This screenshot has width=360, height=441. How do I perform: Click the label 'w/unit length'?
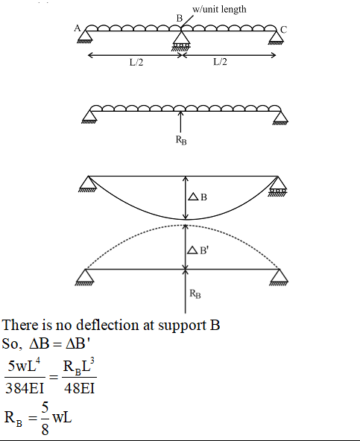pos(219,9)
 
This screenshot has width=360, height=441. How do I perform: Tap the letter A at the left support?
pos(77,28)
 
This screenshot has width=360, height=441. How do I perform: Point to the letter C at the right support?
pos(284,30)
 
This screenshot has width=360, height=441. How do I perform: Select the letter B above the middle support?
pos(180,19)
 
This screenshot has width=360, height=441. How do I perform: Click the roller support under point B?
pos(181,41)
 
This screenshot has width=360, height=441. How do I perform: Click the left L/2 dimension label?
pos(136,62)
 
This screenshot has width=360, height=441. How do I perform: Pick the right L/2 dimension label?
pos(220,62)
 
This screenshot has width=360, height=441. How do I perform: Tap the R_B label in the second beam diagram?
pos(181,140)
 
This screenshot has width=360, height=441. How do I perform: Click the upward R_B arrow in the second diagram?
pos(180,121)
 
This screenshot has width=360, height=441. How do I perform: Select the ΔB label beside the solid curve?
pos(198,197)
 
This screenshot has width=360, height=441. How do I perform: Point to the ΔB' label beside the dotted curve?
pos(198,250)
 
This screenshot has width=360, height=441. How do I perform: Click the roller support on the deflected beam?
pos(277,186)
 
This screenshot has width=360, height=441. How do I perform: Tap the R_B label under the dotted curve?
pos(195,294)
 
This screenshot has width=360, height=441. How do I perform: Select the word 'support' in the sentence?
pos(182,326)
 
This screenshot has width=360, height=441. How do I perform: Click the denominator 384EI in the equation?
pos(25,388)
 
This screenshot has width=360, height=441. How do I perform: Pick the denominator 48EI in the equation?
pos(79,388)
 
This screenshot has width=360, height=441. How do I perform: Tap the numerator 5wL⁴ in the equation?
pos(24,365)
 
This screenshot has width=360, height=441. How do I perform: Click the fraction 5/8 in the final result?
pos(45,419)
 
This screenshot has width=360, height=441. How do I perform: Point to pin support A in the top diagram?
pos(84,36)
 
